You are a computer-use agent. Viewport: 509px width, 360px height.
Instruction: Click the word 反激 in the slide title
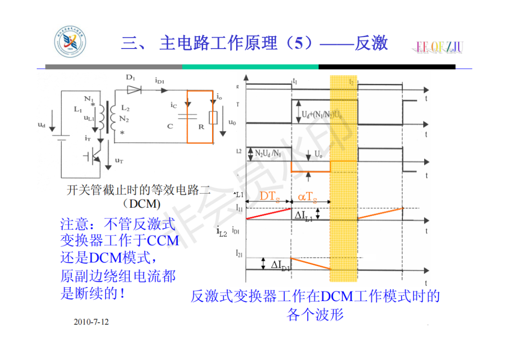pos(371,43)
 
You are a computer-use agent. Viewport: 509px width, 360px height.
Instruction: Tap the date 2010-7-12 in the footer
pos(91,322)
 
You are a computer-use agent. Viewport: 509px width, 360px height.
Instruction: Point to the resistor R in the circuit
pos(213,117)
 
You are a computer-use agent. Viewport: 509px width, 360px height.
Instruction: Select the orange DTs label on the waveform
pos(270,196)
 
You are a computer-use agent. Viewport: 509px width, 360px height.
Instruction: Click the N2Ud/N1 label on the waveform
pos(269,154)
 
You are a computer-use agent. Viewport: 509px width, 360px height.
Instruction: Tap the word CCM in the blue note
pos(163,240)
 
